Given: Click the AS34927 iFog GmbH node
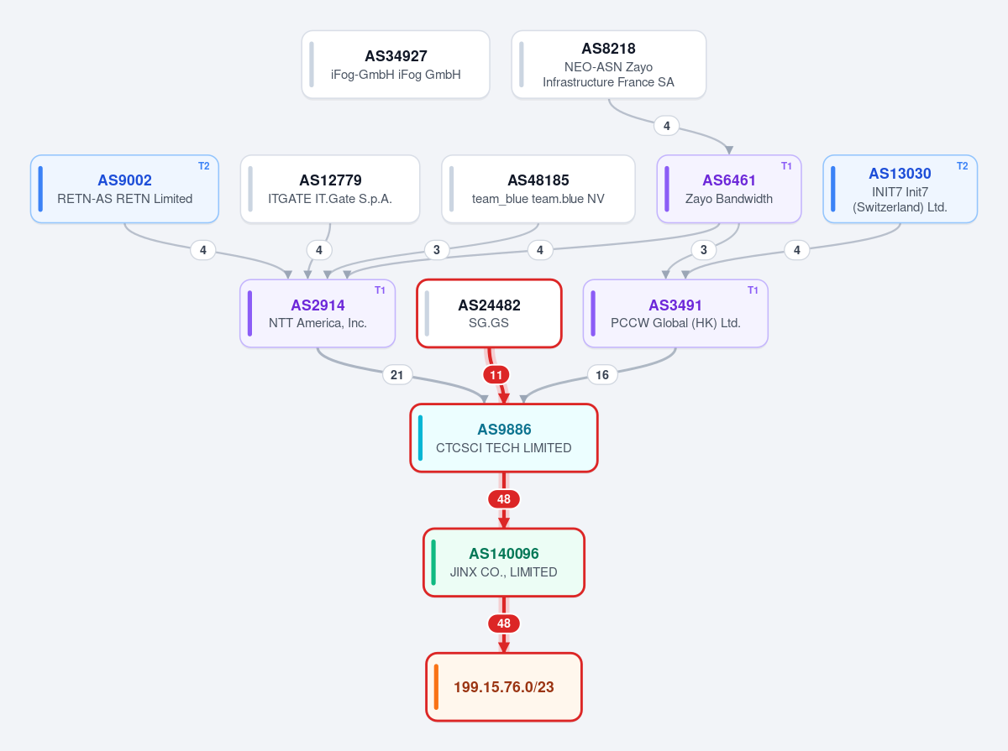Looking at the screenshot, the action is tap(396, 65).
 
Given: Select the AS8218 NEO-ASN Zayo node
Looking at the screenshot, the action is tap(608, 65).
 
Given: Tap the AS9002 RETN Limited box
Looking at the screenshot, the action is tap(124, 189).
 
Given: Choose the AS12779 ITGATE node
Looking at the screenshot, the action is tap(330, 189).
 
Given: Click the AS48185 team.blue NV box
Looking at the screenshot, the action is tap(538, 189).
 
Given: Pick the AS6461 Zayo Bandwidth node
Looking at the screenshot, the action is tap(729, 189).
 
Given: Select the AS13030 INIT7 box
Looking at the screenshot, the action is tap(900, 189).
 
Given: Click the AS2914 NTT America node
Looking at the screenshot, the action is tap(318, 313).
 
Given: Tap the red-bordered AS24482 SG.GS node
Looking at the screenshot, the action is tap(489, 313).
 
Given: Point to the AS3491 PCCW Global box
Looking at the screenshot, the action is tap(675, 313).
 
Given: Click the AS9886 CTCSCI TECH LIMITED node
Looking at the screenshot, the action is tap(504, 438).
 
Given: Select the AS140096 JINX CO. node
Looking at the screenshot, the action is tap(504, 562).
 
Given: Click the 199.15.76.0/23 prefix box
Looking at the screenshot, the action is tap(504, 686).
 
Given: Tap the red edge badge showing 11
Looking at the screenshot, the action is tap(496, 375).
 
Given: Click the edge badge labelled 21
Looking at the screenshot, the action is tap(396, 375).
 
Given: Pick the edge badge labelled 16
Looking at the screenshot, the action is tap(602, 375).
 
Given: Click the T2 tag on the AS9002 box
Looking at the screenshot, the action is tap(204, 166).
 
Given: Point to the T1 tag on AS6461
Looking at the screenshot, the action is tap(786, 166).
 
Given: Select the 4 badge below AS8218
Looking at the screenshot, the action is tap(667, 126).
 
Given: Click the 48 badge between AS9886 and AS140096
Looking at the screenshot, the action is tap(504, 499).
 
